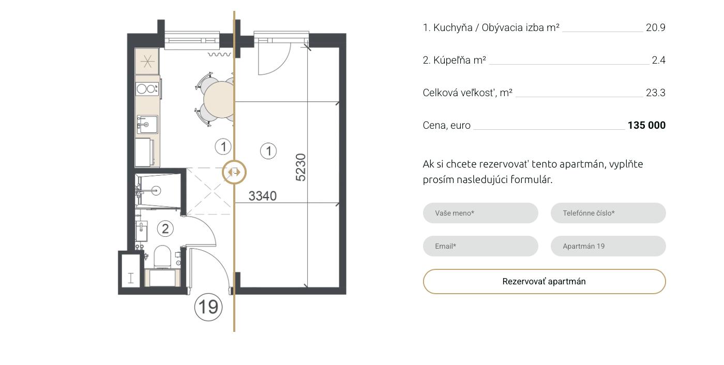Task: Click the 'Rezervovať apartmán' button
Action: coord(544,281)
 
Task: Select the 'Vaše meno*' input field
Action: coord(480,213)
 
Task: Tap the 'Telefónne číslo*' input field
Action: coord(608,213)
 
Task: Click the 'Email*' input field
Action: coord(480,246)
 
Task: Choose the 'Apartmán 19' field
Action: coord(608,246)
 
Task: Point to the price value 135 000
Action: coord(646,125)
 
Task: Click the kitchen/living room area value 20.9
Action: coord(656,28)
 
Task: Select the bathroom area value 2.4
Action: coord(658,60)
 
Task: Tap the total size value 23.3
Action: coord(656,93)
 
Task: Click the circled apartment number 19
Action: coord(208,307)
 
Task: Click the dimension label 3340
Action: coord(263,196)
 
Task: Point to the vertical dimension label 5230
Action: coord(300,168)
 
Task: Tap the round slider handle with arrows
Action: coord(234,172)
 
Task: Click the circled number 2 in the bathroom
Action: coord(165,229)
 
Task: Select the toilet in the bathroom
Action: coord(162,257)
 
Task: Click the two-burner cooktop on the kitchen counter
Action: coord(147,89)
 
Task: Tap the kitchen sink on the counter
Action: coord(147,125)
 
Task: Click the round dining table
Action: coord(219,99)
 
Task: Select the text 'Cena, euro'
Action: coord(446,125)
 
